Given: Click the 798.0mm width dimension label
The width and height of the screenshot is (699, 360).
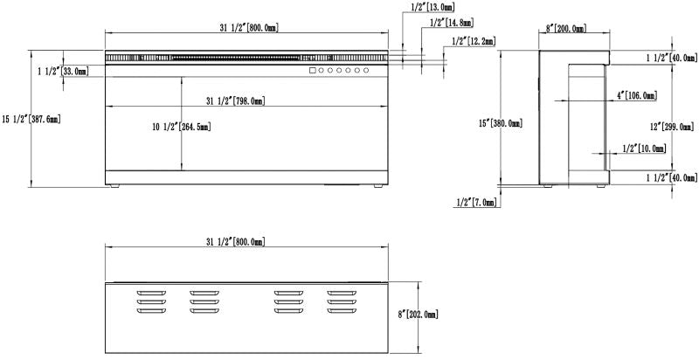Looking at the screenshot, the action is point(236,101).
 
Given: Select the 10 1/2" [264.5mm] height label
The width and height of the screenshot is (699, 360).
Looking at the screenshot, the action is point(182,127).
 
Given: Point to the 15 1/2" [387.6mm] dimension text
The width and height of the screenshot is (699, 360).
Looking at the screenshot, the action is point(31,119).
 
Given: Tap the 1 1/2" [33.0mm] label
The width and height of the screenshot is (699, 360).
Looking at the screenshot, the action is point(63,71).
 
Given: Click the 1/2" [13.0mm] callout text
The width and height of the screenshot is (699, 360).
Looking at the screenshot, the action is point(433,7).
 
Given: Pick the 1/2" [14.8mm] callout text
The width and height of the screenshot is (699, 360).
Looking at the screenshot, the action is point(452,22).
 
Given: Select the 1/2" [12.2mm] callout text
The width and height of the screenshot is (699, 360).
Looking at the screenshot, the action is point(474,41).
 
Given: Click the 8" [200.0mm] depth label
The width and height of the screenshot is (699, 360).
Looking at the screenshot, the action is point(566,29).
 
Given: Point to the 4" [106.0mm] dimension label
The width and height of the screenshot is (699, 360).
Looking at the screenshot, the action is point(637,95).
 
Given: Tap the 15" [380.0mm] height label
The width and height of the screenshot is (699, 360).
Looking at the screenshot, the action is point(500,123).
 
